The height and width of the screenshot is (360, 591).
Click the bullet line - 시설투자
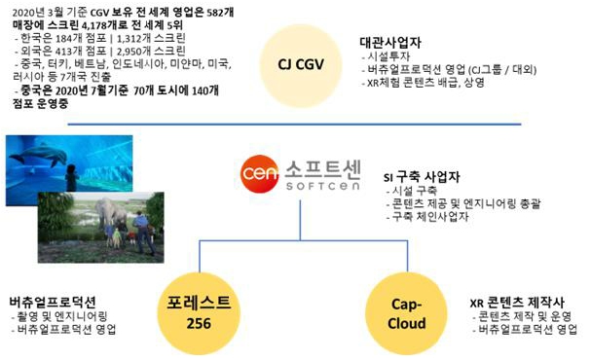(x=389, y=56)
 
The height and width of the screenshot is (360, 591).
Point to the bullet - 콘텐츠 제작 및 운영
(x=517, y=316)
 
